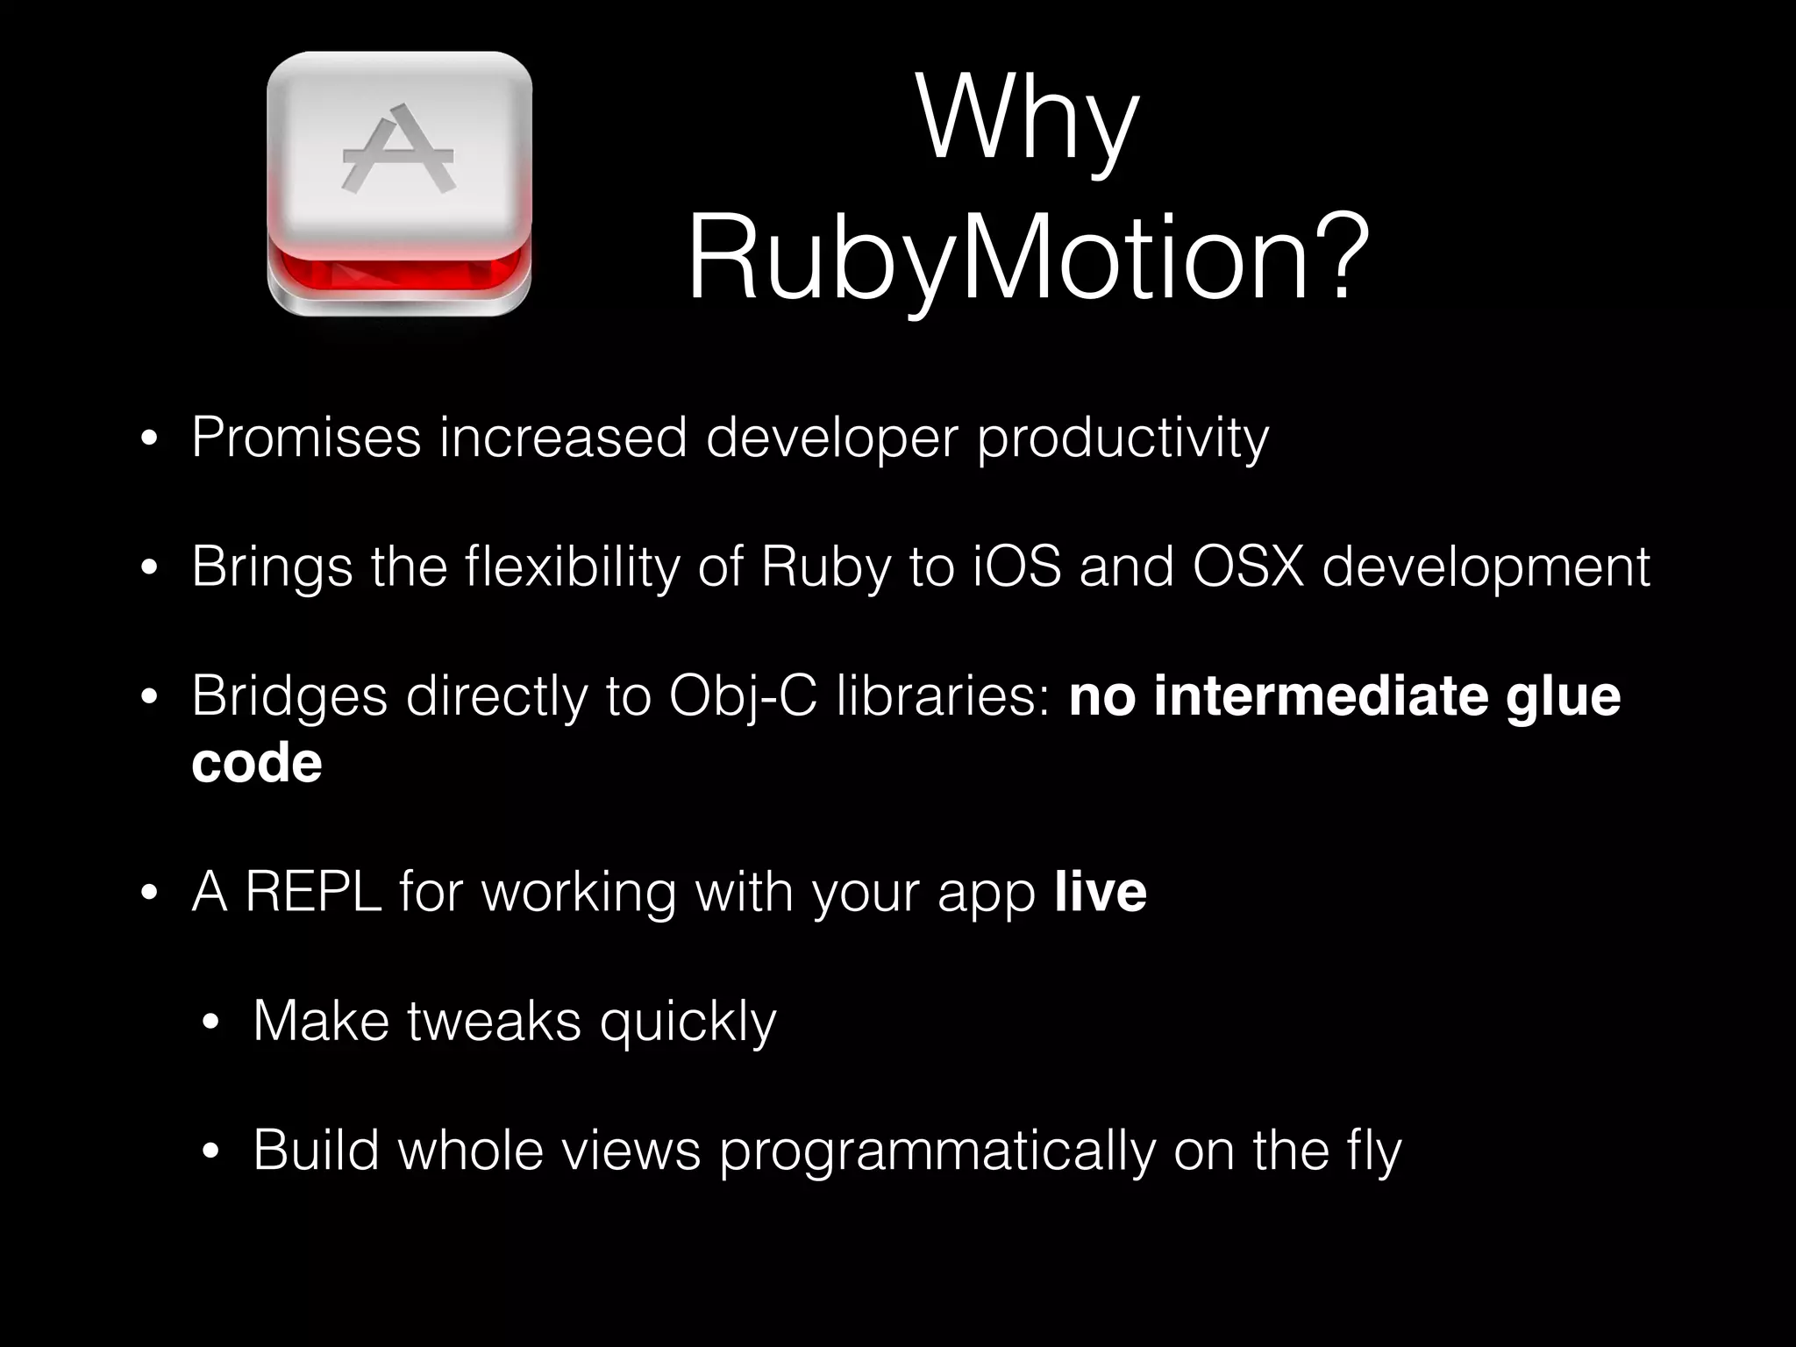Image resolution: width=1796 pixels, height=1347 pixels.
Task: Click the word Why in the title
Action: pyautogui.click(x=1027, y=118)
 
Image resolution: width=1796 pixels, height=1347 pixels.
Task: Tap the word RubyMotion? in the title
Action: pyautogui.click(x=1027, y=260)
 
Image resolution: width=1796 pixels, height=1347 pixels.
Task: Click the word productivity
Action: pyautogui.click(x=1122, y=438)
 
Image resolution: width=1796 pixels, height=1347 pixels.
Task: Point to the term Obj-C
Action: pyautogui.click(x=742, y=697)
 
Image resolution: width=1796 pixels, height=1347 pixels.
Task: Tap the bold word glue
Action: pyautogui.click(x=1563, y=697)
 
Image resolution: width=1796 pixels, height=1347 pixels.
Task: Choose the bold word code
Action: pyautogui.click(x=257, y=763)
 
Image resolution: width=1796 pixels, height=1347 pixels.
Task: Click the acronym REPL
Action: pyautogui.click(x=313, y=892)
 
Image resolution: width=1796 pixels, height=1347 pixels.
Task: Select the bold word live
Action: pyautogui.click(x=1101, y=892)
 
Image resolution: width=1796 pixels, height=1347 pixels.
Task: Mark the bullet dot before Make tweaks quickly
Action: pyautogui.click(x=210, y=1023)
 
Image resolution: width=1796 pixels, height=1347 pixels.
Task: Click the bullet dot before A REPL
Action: pyautogui.click(x=148, y=894)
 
